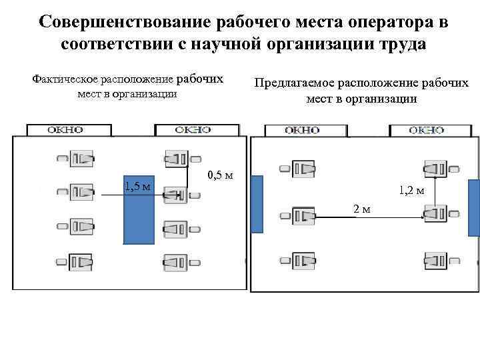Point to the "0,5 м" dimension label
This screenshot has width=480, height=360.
pyautogui.click(x=220, y=176)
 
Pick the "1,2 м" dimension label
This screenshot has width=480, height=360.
pyautogui.click(x=411, y=191)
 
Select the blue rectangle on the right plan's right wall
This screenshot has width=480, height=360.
pyautogui.click(x=473, y=208)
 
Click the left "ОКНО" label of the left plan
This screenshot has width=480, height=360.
pyautogui.click(x=65, y=130)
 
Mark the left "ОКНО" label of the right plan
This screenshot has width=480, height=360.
pyautogui.click(x=302, y=131)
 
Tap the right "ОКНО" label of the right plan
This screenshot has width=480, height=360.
pyautogui.click(x=426, y=131)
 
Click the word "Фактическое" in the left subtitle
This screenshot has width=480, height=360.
pyautogui.click(x=66, y=79)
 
